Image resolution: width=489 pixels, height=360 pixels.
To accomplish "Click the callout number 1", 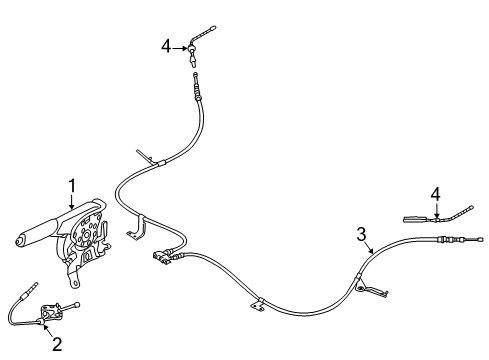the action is click(x=72, y=186).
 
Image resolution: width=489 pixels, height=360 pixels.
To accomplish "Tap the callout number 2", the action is click(x=57, y=344).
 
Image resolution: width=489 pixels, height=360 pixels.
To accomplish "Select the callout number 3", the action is click(x=361, y=234).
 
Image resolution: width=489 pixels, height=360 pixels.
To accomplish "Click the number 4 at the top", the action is click(x=166, y=46).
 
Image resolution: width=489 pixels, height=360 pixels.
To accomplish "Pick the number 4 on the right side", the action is click(x=435, y=194).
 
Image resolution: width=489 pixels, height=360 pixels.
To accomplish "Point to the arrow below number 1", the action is click(x=72, y=202).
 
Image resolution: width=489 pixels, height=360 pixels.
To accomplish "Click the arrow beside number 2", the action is click(x=48, y=330).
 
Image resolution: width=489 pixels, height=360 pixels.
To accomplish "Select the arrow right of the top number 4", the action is click(x=180, y=48).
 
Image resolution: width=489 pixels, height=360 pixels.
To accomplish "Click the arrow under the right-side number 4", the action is click(x=436, y=210).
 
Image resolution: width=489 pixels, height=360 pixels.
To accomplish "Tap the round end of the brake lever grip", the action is click(x=20, y=241).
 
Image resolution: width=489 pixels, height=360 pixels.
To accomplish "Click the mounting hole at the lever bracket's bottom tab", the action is click(x=76, y=282).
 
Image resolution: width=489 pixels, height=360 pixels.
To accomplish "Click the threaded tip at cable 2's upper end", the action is click(x=33, y=286).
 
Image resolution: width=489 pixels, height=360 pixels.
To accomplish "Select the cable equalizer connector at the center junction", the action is click(x=161, y=257).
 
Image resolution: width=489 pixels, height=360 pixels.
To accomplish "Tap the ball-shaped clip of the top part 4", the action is click(x=192, y=49).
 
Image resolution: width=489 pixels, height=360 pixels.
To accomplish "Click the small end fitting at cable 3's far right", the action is click(x=480, y=239).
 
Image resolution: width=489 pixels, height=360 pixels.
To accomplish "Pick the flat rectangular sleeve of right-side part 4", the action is click(x=415, y=219).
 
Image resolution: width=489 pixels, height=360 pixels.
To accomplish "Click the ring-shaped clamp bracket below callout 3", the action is click(x=360, y=289).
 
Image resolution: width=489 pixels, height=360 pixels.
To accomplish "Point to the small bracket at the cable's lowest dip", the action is click(x=257, y=305).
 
